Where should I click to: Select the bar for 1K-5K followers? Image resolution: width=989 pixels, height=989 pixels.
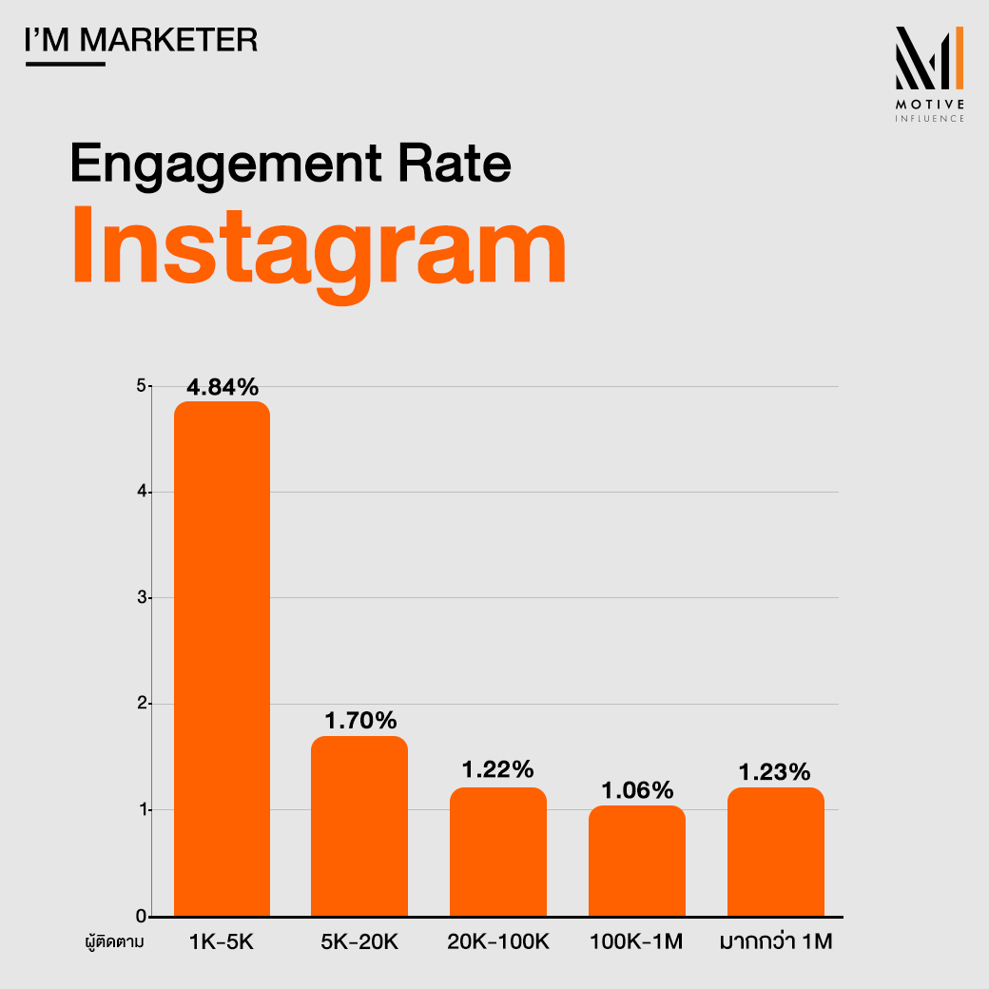222,658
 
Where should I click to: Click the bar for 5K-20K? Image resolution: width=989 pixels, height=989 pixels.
359,825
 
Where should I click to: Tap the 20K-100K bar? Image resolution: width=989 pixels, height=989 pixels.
498,851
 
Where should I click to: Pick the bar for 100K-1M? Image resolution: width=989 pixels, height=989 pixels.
637,861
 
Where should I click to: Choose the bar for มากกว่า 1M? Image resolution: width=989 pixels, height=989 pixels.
776,851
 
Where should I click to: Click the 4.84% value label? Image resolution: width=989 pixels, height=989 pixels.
222,387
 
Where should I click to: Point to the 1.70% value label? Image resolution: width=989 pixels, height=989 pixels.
359,720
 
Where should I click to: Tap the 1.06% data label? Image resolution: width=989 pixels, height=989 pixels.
637,789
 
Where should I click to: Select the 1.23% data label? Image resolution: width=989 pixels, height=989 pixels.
776,772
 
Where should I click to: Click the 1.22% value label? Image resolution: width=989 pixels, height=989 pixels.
498,770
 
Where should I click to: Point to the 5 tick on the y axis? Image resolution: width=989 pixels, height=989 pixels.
141,386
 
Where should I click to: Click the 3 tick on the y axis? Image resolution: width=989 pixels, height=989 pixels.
141,598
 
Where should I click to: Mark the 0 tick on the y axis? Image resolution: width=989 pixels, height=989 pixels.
141,917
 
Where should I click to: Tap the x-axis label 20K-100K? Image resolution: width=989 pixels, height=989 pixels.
498,942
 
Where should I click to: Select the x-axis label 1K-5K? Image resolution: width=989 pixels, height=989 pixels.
222,942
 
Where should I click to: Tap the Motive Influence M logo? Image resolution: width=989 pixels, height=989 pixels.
929,62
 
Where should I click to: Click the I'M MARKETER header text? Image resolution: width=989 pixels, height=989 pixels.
140,41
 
